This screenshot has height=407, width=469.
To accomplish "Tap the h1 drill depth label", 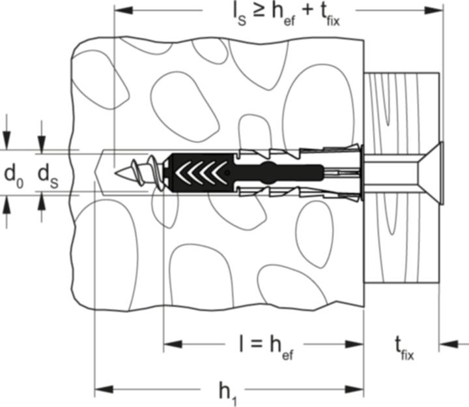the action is [228, 393].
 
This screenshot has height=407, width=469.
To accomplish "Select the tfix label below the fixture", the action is [405, 348].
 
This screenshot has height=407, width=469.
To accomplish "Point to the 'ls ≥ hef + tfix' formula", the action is [286, 15].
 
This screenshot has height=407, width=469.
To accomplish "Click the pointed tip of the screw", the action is [115, 173].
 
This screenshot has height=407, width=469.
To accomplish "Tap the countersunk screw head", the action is [433, 173].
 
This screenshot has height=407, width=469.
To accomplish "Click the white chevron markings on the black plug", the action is [201, 173].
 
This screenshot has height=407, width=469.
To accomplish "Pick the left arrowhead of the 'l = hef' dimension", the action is [173, 344].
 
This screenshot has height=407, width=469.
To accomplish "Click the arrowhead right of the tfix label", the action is [449, 344].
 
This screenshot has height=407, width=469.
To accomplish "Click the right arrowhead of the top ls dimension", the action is [434, 10].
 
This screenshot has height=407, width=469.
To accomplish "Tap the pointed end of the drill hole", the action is [95, 173].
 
